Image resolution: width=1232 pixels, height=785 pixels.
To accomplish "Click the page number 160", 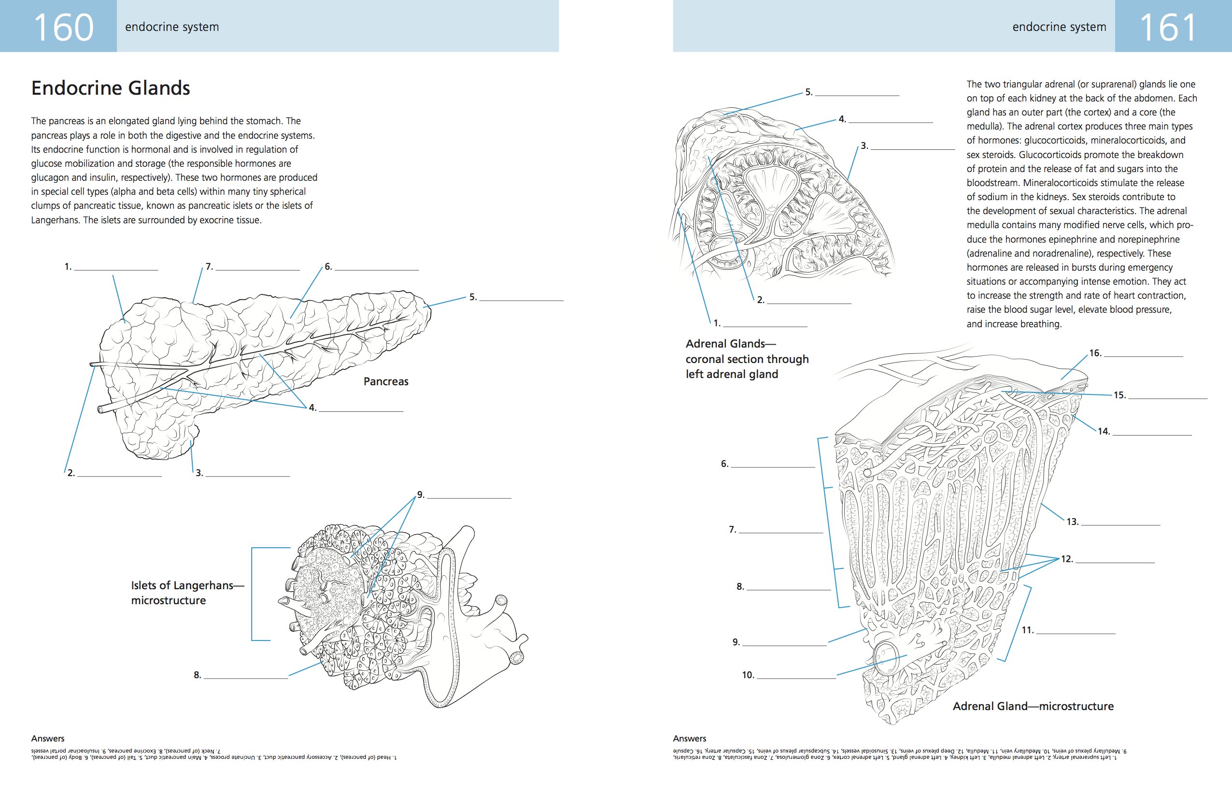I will [x=63, y=27].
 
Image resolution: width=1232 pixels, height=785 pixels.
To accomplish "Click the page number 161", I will [x=1168, y=27].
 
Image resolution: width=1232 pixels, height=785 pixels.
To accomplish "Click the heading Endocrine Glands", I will [x=111, y=88].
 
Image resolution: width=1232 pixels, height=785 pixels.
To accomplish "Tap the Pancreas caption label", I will [x=386, y=381].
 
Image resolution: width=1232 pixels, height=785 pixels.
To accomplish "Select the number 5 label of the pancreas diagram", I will [x=473, y=297].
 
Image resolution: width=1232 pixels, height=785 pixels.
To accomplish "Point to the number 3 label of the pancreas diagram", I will [x=199, y=473].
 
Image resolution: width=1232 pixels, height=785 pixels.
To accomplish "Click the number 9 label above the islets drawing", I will [x=421, y=494].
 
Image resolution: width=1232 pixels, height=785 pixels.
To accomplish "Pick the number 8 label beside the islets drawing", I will [x=198, y=675].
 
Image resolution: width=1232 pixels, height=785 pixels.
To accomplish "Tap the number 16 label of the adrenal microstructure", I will [x=1095, y=353].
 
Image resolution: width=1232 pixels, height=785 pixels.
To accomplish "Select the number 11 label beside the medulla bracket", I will [x=1027, y=630].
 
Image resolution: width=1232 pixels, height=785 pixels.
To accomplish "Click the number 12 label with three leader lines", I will [x=1067, y=559].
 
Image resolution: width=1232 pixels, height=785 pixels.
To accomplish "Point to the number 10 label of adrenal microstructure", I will [x=748, y=675].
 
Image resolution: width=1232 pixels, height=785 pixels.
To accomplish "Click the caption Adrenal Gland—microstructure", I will [x=1033, y=706].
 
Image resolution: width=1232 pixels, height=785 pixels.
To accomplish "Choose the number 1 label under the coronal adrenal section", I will [x=717, y=323].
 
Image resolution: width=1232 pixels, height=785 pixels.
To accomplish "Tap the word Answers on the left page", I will [x=48, y=739].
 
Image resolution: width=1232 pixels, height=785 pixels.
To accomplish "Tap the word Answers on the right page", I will [x=689, y=739].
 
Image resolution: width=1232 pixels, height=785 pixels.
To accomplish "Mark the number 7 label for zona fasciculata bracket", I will [x=733, y=529].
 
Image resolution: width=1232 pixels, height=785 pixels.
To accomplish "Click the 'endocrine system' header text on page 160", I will [x=172, y=27].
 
